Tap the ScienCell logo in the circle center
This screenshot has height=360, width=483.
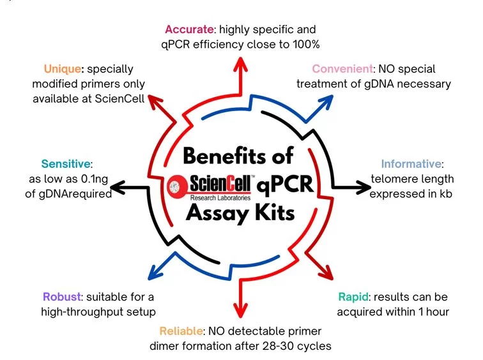(x=210, y=186)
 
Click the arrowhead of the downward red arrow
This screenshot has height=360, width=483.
(x=241, y=317)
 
